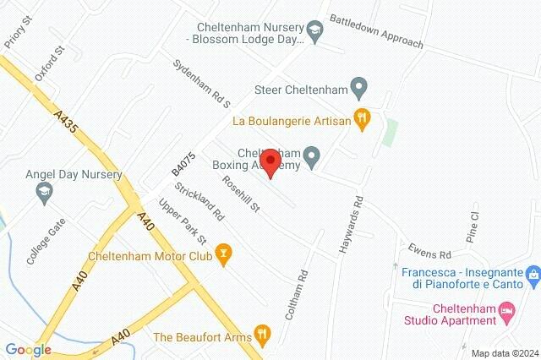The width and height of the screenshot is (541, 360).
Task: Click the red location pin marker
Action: point(270,163)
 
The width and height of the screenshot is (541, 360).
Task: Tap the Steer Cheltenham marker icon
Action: point(359,86)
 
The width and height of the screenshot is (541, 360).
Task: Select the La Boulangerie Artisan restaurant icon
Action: point(363,120)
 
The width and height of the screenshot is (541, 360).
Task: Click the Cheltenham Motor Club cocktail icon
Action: point(223,252)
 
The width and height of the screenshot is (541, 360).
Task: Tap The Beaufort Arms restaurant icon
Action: point(263,335)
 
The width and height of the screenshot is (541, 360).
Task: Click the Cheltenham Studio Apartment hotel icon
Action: point(507,314)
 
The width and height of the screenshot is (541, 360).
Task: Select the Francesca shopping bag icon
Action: point(533,275)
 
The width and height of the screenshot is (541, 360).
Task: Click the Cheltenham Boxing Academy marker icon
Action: point(311,155)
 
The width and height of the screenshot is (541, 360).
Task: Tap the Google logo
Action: point(28,350)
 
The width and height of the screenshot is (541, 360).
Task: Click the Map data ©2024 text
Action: point(504,353)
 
